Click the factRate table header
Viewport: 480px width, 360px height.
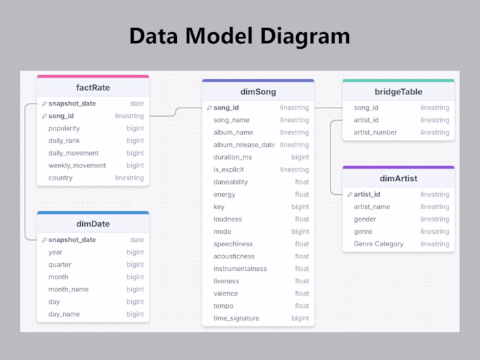93,88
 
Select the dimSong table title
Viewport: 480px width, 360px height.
258,91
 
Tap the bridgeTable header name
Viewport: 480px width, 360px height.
398,91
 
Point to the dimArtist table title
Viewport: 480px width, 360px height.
398,178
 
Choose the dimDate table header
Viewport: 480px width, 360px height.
93,224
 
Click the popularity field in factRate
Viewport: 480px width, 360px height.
64,128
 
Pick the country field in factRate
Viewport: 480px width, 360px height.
60,178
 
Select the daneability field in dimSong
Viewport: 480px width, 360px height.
230,182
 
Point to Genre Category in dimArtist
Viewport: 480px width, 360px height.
379,243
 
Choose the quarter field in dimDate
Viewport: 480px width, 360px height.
60,265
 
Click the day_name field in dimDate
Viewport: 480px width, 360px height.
64,314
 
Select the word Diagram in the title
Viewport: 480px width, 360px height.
302,36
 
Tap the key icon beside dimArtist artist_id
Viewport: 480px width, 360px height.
349,195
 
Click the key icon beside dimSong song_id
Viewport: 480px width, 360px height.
208,108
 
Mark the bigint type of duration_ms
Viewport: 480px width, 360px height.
300,157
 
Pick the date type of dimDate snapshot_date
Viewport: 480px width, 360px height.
137,240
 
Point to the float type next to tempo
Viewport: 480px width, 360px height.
302,306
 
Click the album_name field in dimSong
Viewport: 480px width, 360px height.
233,132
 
